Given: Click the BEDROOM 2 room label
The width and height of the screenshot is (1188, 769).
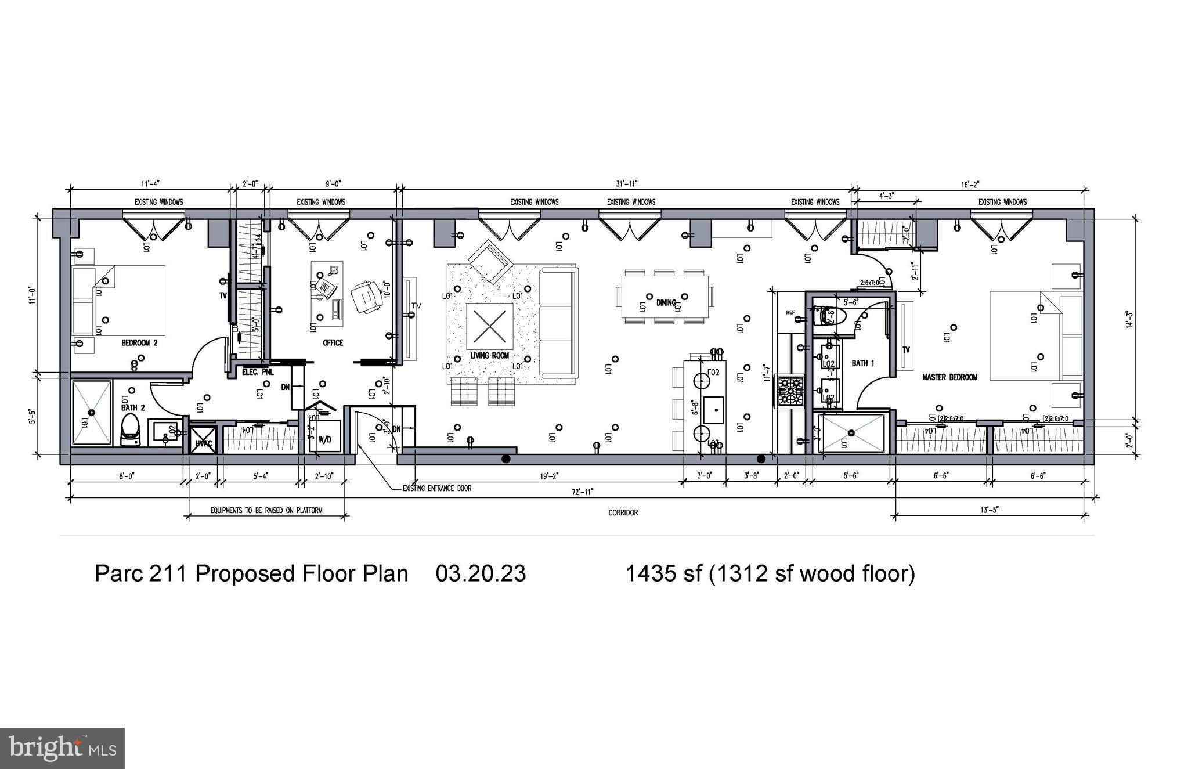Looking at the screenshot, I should tap(139, 343).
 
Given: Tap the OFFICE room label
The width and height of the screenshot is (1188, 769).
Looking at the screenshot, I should tap(333, 343).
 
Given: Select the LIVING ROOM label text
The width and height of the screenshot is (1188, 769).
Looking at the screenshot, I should tap(489, 355).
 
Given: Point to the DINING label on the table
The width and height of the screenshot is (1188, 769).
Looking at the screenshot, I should tap(666, 303).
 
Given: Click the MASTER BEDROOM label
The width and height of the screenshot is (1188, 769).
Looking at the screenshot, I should tap(949, 377).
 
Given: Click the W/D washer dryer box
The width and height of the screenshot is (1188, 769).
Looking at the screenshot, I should tap(324, 439).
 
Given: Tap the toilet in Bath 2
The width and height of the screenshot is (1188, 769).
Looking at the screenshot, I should tap(131, 431).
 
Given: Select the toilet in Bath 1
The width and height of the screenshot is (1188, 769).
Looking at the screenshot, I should tap(829, 316).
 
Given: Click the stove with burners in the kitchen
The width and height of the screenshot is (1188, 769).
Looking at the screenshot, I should tap(790, 392).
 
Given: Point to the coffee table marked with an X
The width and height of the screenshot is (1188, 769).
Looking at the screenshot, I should tap(490, 326).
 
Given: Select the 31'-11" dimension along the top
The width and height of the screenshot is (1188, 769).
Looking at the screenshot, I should tap(627, 184).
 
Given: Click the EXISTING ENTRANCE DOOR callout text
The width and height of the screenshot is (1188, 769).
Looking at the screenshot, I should tap(436, 489).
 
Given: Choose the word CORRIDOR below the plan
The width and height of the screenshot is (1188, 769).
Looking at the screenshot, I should tap(623, 512).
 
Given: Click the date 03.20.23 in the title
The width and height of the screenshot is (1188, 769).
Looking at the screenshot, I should tap(481, 573).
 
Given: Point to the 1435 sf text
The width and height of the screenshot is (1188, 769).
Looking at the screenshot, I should tap(662, 573).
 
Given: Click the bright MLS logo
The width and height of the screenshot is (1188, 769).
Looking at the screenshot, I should tap(62, 748).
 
